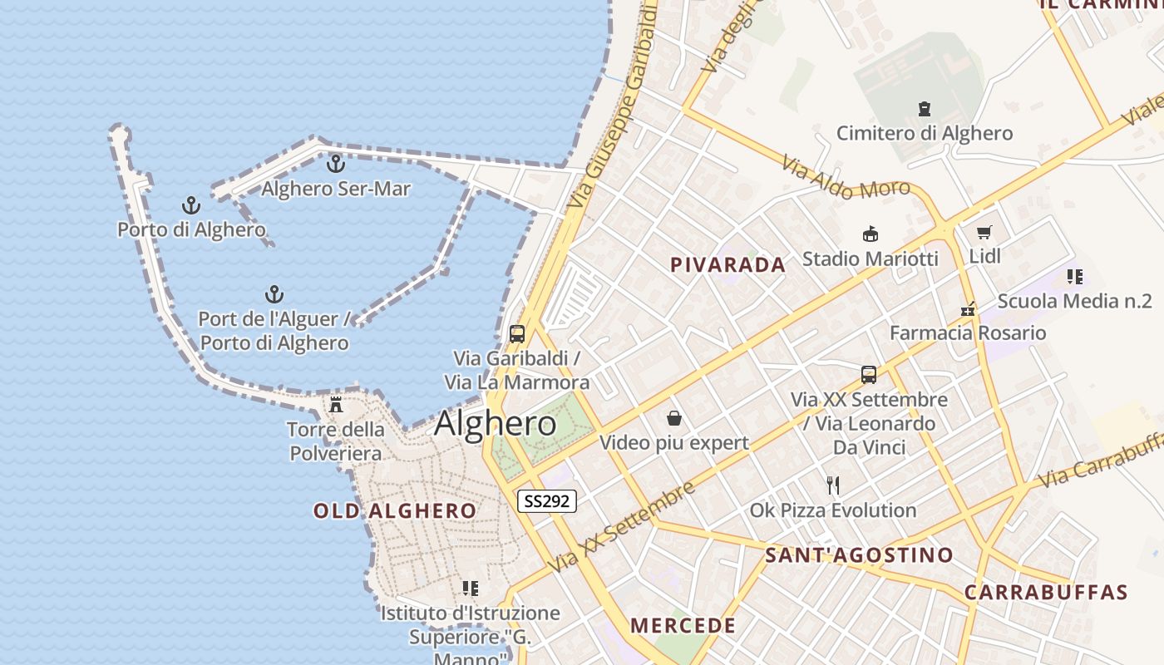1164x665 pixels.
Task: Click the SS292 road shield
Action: pos(546,501)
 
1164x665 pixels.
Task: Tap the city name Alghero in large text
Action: pos(496,424)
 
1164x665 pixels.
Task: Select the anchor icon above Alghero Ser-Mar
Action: pos(335,164)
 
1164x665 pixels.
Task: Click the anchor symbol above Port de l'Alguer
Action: pos(274,294)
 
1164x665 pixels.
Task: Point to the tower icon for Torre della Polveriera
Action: pos(336,405)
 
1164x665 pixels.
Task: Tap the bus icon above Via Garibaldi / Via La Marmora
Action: pos(517,334)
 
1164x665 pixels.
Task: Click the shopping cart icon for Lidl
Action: pos(985,232)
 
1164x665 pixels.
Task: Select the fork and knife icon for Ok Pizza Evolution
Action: pos(833,485)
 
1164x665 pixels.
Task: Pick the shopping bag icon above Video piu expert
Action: pos(673,418)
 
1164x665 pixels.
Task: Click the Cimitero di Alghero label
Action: pos(924,133)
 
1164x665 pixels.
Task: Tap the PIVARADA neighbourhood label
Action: pos(727,265)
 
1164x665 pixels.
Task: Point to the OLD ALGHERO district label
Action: pos(395,511)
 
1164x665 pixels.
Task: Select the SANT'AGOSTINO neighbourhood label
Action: pos(859,555)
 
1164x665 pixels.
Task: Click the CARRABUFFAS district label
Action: pos(1045,593)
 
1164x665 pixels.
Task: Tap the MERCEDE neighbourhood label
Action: pos(683,626)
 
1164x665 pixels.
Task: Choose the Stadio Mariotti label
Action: pos(870,259)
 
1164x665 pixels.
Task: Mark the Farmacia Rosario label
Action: pos(968,333)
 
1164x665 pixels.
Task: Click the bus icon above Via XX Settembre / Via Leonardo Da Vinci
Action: pos(869,374)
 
